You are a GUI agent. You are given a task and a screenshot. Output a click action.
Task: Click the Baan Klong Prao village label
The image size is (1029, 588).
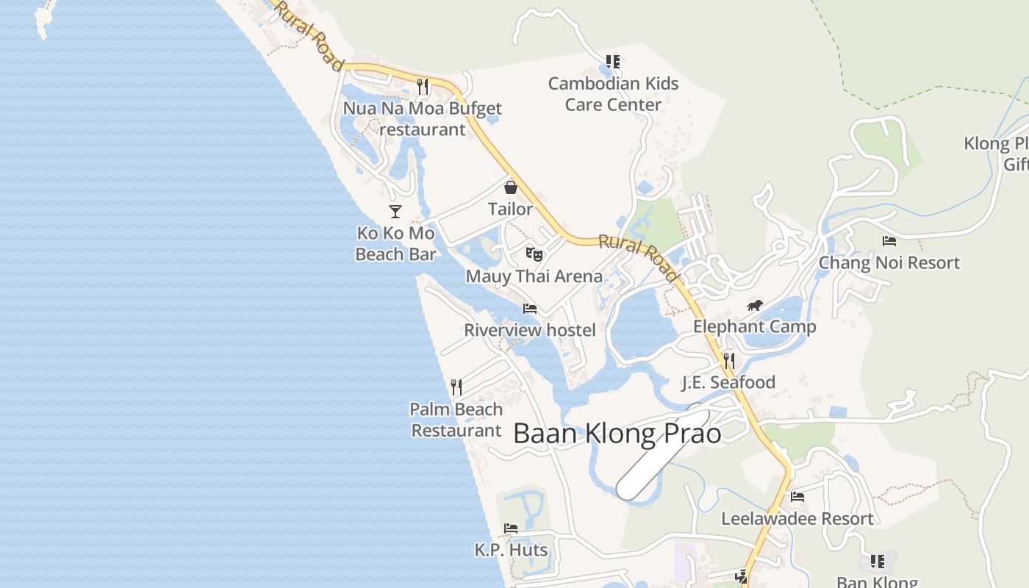pos(617,434)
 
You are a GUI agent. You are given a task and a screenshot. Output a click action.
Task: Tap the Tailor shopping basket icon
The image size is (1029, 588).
pos(511,187)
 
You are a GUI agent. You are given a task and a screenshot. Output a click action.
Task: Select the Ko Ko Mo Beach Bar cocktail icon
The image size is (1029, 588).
pos(395,212)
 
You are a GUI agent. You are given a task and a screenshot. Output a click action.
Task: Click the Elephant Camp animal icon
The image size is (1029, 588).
pos(755,306)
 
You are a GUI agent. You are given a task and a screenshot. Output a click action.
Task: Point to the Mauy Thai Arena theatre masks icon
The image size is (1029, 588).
pos(534,255)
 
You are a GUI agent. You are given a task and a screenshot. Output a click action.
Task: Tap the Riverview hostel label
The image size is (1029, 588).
pos(529,330)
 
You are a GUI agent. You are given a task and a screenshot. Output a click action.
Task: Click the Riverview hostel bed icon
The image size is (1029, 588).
pos(529,309)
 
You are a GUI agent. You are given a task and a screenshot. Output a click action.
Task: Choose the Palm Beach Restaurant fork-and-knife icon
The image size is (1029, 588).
pos(456,387)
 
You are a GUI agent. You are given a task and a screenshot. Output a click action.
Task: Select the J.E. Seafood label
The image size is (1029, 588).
pos(728,382)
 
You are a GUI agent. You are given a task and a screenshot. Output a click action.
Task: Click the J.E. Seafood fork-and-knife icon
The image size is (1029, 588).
pos(728,360)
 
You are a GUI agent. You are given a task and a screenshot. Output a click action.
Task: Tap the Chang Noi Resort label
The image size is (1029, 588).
pos(889,262)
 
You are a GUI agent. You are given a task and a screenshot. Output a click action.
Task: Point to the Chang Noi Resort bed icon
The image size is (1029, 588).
pos(889,241)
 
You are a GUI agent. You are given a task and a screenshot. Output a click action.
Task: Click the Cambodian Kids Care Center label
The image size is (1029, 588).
pos(613,94)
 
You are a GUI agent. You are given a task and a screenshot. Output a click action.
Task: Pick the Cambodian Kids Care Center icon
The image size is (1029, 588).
pos(613,62)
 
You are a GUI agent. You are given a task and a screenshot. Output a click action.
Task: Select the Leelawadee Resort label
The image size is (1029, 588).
pos(797,519)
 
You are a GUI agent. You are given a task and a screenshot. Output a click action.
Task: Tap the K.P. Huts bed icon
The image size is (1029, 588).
pos(511,528)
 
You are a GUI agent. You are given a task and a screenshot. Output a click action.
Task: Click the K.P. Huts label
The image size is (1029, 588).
pos(511,550)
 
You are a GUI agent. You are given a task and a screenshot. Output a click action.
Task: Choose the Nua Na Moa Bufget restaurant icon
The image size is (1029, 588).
pos(423,87)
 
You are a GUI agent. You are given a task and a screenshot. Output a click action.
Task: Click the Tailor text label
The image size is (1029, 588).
pos(511,209)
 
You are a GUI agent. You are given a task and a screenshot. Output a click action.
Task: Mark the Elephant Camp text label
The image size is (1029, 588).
pos(754,327)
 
